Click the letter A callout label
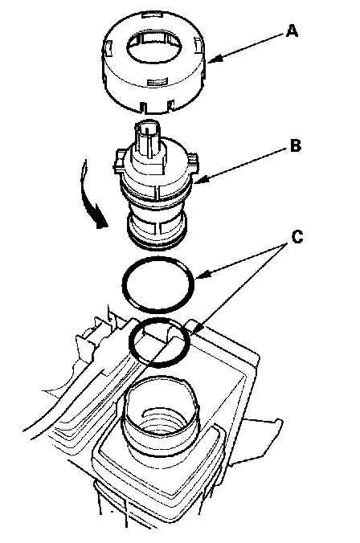coord(292,31)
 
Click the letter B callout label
coord(295,145)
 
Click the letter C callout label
coord(297,238)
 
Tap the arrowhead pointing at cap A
coord(214,59)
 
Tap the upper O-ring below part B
coord(158,284)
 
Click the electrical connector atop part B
coord(148,136)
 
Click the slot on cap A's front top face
coord(158,82)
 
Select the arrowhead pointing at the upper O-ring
coord(201,276)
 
